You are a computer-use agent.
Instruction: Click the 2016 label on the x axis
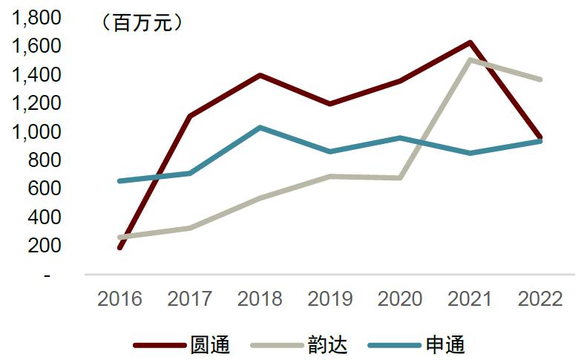click(x=119, y=299)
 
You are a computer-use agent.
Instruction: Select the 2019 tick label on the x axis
click(x=330, y=299)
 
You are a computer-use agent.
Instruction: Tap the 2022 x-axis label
click(x=541, y=299)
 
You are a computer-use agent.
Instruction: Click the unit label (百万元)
click(x=140, y=24)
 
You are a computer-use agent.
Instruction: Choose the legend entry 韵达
click(x=327, y=345)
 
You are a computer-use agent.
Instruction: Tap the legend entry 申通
click(x=445, y=345)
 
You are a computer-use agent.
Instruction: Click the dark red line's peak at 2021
click(x=470, y=42)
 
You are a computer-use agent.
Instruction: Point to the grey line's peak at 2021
click(x=470, y=60)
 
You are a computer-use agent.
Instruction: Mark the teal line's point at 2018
click(x=260, y=128)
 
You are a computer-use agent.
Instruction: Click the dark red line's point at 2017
click(x=190, y=117)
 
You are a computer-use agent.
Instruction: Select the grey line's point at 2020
click(x=400, y=177)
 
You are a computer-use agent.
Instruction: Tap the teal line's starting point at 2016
click(x=119, y=181)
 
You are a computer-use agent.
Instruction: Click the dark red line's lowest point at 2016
click(x=119, y=247)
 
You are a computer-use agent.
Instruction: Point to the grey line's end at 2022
click(x=541, y=79)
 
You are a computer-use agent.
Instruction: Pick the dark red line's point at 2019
click(x=330, y=104)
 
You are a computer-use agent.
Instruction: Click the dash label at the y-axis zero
click(x=48, y=275)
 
